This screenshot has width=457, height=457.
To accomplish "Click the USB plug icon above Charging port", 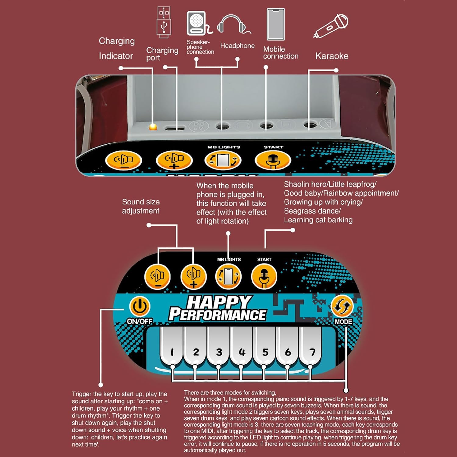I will pos(164,23).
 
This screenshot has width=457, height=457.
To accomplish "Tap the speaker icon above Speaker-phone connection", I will pos(197,23).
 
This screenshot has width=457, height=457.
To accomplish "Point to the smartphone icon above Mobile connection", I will pos(275,24).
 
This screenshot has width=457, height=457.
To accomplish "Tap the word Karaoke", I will pos(332,56).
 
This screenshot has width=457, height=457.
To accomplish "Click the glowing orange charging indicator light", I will pos(153,126).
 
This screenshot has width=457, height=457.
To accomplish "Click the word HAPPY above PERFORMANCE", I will pos(219,302).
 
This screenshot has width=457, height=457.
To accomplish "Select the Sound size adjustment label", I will pos(141,206).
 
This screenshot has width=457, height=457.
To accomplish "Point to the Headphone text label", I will pos(237,46).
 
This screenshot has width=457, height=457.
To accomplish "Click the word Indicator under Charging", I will pos(116,56).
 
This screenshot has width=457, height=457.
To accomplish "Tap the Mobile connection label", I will pos(281,53).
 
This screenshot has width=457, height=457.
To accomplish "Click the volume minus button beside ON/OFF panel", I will pos(158,277).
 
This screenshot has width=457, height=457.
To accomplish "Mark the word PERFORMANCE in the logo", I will pos(218,315).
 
